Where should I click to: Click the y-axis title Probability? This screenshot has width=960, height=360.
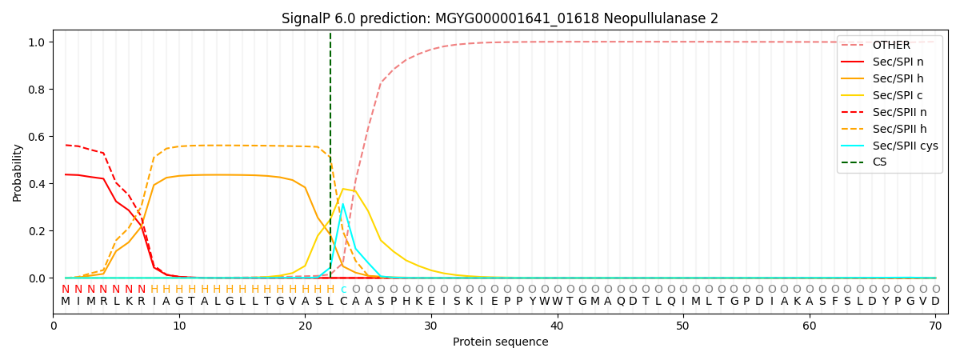[x=17, y=173]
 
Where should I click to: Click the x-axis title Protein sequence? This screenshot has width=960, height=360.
[x=500, y=342]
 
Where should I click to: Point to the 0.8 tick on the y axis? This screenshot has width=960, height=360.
[x=37, y=90]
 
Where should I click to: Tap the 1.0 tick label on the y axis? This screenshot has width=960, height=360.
[x=37, y=42]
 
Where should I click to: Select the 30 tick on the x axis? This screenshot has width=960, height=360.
[x=431, y=326]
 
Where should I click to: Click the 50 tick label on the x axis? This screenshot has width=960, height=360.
[x=682, y=326]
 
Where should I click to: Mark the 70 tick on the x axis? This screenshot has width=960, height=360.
[x=935, y=326]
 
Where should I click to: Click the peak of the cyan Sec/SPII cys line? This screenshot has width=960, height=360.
[x=343, y=204]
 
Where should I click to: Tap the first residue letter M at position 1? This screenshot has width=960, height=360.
[x=66, y=302]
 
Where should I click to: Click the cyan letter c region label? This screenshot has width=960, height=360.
[x=343, y=290]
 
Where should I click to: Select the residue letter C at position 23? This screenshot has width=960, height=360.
[x=343, y=302]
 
